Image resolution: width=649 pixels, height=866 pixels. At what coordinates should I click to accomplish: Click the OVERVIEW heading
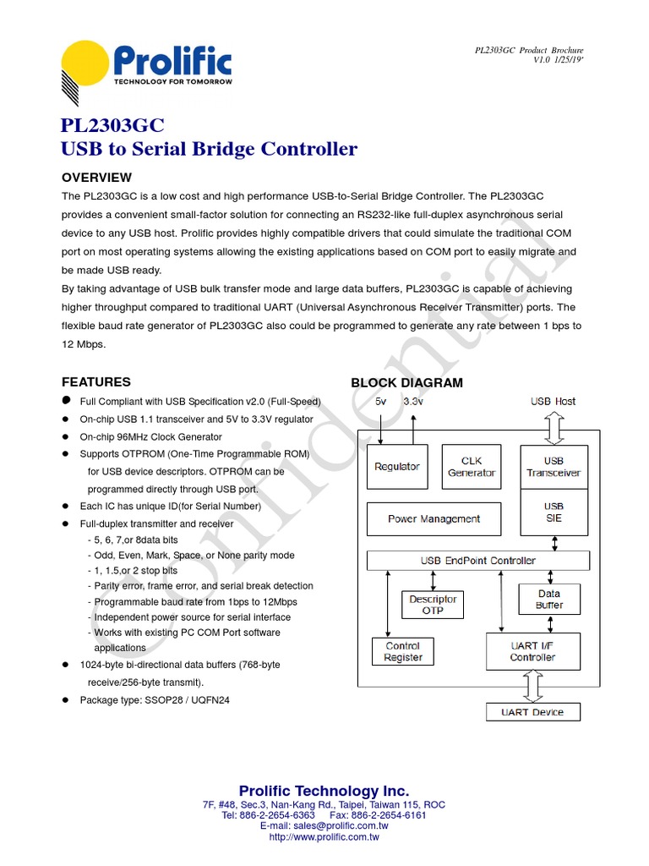click(x=97, y=178)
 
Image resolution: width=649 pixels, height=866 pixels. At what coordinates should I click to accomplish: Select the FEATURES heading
click(x=96, y=382)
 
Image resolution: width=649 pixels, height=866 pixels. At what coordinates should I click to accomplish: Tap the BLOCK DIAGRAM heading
click(x=406, y=383)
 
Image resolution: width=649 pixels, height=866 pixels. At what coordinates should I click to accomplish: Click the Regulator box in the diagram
click(x=397, y=467)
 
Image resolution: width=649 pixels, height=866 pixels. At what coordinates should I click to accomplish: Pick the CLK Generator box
click(x=472, y=467)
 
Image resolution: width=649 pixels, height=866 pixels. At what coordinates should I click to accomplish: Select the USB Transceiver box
click(x=554, y=467)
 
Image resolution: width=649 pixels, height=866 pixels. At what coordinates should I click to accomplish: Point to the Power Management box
click(x=434, y=519)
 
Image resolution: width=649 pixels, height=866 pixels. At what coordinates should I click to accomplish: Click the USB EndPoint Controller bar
click(x=478, y=561)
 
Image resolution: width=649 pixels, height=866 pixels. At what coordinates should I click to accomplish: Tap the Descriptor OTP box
click(x=433, y=605)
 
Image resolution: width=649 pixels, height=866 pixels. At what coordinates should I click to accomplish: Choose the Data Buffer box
click(x=549, y=600)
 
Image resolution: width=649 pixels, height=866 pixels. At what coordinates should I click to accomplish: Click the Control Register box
click(x=403, y=652)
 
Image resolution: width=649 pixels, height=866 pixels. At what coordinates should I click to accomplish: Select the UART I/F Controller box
click(x=532, y=651)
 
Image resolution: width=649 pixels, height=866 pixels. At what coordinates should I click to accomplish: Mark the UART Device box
click(x=532, y=712)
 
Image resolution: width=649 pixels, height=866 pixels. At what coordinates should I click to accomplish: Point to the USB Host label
click(x=554, y=402)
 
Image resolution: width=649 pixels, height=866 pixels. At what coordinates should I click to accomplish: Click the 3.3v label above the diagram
click(x=413, y=402)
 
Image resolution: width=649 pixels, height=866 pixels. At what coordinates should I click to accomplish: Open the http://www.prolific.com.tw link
click(x=324, y=837)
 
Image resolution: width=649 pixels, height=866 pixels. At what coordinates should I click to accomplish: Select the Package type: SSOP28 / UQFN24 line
click(x=155, y=700)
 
